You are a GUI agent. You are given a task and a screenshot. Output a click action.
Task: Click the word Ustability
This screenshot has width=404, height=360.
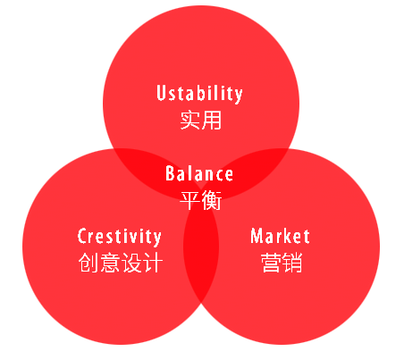coord(199,94)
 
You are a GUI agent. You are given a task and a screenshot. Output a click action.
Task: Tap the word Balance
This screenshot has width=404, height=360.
coord(199,173)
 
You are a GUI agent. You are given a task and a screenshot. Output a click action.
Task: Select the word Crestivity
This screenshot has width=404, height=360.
coord(120,237)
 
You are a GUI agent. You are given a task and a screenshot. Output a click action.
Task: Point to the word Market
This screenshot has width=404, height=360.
coord(280,236)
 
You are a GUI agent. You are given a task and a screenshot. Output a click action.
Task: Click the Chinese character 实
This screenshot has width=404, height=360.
coord(190,120)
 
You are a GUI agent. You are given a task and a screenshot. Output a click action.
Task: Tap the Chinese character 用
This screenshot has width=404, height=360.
coord(212,120)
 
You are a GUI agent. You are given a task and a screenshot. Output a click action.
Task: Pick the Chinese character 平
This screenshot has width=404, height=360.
coord(189,200)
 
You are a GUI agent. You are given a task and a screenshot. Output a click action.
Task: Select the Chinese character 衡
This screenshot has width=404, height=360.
coord(212,200)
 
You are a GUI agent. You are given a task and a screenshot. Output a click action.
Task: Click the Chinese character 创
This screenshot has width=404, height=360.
coord(88,263)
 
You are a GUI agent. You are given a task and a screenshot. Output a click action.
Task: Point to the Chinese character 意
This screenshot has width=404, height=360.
coord(110,263)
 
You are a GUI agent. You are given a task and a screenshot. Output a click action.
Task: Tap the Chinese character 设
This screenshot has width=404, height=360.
coord(131,263)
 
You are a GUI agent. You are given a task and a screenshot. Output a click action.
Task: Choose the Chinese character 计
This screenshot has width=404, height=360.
coord(153,263)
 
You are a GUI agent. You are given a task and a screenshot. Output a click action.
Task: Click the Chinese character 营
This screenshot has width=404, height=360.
coord(271,263)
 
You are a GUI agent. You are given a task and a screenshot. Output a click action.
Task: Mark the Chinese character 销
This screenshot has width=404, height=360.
coord(292,263)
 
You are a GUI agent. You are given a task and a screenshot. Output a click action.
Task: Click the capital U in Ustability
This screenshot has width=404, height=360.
coord(161,93)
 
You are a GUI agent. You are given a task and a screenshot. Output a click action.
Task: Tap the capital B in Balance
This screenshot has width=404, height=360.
coord(170,173)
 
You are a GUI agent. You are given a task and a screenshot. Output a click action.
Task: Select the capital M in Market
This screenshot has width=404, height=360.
coord(257,236)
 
